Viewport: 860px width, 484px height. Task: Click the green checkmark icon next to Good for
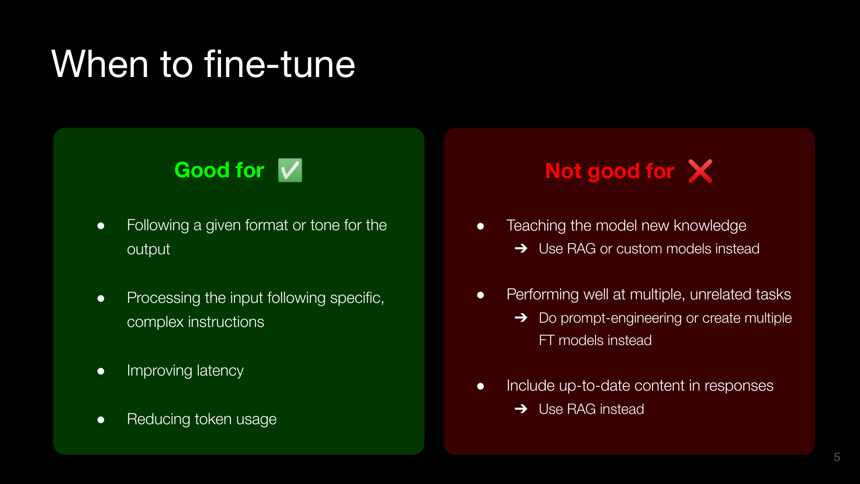[x=290, y=170]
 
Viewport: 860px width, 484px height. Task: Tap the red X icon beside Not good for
[x=700, y=171]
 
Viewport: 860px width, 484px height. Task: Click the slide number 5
[x=837, y=457]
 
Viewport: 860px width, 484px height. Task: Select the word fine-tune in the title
[x=279, y=64]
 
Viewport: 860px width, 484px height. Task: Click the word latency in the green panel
[x=220, y=370]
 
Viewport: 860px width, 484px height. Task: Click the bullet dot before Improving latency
[x=101, y=371]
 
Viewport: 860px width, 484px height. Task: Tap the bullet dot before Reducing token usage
[x=101, y=420]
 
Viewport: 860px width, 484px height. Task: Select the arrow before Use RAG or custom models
[x=521, y=248]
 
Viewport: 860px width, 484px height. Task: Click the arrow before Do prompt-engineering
[x=521, y=318]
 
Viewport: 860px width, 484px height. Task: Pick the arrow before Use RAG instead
[x=521, y=408]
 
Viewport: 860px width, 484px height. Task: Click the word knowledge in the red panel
[x=710, y=226]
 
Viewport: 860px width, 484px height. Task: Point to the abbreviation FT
[x=547, y=340]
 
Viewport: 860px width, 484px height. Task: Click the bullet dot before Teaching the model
[x=480, y=226]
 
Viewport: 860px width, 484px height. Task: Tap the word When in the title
[x=100, y=64]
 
